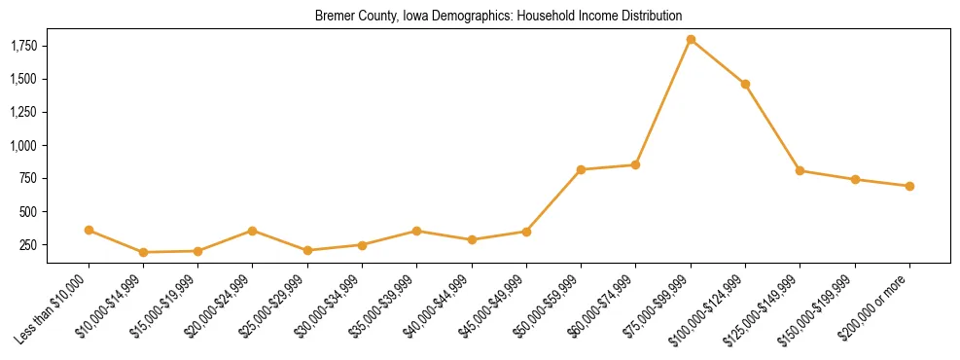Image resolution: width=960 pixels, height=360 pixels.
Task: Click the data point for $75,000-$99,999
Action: click(691, 40)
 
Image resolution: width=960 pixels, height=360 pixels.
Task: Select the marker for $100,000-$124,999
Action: click(745, 85)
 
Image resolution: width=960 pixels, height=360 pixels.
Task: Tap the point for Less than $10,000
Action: click(89, 231)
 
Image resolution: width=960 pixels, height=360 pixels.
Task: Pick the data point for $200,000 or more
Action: click(909, 186)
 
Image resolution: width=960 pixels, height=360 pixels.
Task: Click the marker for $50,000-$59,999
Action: click(581, 169)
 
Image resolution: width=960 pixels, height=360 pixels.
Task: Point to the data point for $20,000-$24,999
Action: click(253, 231)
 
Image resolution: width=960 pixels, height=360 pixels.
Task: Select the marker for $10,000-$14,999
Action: click(143, 252)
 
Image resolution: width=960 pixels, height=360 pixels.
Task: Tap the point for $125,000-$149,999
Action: click(800, 170)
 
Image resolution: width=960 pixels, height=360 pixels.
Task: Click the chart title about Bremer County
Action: click(498, 17)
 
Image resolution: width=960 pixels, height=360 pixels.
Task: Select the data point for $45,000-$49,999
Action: click(526, 232)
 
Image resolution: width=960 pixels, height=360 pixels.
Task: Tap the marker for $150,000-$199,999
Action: click(855, 179)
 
